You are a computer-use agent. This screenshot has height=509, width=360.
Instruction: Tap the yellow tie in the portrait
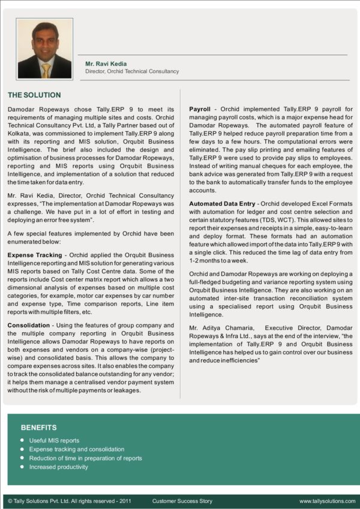pyautogui.click(x=46, y=71)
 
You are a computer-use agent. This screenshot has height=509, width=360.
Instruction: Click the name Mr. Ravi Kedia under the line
pyautogui.click(x=106, y=64)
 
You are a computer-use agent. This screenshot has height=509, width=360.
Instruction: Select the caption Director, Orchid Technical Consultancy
pyautogui.click(x=132, y=71)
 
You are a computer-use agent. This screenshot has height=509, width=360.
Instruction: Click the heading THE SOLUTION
pyautogui.click(x=34, y=95)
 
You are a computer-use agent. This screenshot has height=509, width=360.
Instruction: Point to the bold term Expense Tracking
pyautogui.click(x=35, y=255)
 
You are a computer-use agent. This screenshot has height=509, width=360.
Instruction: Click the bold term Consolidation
pyautogui.click(x=28, y=325)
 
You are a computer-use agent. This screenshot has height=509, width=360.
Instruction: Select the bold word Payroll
pyautogui.click(x=200, y=110)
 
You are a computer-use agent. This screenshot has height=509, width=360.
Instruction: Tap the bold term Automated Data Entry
pyautogui.click(x=221, y=204)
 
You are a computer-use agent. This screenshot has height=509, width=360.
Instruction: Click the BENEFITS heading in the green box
pyautogui.click(x=39, y=427)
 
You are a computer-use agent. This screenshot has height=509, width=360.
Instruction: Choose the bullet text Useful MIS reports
pyautogui.click(x=54, y=440)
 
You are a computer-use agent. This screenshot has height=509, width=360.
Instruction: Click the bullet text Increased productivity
pyautogui.click(x=59, y=467)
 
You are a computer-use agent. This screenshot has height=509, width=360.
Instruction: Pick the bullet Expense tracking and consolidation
pyautogui.click(x=77, y=449)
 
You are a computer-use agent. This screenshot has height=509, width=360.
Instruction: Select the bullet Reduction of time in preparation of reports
pyautogui.click(x=86, y=458)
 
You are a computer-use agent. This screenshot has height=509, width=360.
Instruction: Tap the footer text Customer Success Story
pyautogui.click(x=182, y=501)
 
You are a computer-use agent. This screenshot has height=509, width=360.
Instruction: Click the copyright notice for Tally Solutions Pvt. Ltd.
pyautogui.click(x=69, y=501)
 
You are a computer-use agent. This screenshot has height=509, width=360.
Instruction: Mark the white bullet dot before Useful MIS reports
pyautogui.click(x=22, y=440)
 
